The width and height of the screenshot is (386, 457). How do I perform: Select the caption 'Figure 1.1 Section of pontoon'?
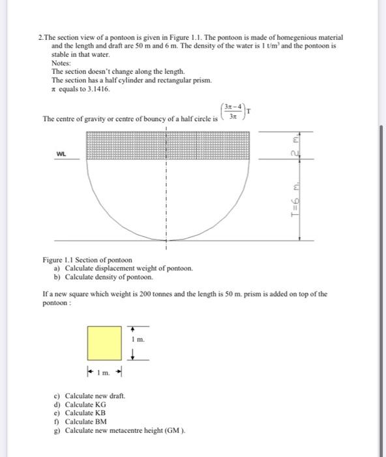coord(87,260)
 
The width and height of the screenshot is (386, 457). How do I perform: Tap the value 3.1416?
coord(89,87)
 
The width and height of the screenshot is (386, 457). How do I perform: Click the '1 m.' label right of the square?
coord(138,340)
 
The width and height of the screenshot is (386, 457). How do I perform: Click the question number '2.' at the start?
coord(41,39)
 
